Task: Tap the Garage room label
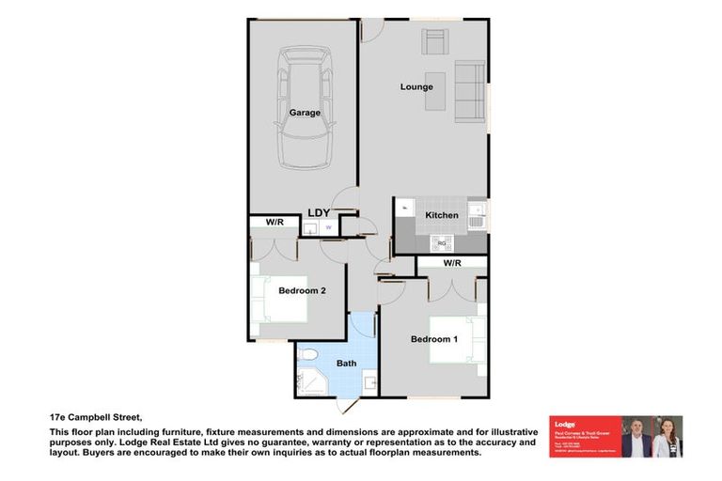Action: point(305,113)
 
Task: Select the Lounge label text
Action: point(416,87)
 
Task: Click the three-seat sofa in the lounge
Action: point(470,91)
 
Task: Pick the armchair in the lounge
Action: point(434,43)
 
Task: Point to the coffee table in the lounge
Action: point(434,90)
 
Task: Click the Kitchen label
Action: point(442,215)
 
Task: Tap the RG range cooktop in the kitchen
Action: point(440,243)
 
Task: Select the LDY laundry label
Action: point(319,213)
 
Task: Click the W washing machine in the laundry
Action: point(328,227)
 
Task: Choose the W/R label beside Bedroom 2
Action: point(275,223)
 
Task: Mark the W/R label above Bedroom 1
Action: point(451,264)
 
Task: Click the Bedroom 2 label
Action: point(302,291)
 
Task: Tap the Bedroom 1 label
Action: point(433,339)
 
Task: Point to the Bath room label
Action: point(346,364)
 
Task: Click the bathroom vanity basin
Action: point(370,382)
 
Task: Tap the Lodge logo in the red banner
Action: point(565,424)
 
